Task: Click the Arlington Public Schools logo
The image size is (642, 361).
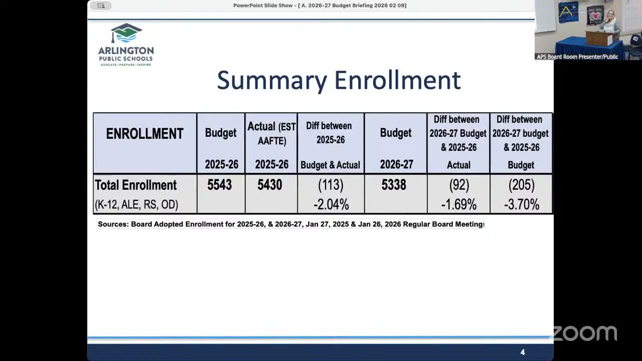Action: (x=126, y=44)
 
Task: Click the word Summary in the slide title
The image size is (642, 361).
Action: (x=272, y=81)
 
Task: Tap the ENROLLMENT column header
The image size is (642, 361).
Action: (x=144, y=134)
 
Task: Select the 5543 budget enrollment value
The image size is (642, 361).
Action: (x=220, y=185)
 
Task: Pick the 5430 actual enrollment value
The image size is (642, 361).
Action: (x=270, y=185)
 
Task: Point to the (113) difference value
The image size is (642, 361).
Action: (x=331, y=185)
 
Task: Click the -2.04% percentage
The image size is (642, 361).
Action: (x=331, y=205)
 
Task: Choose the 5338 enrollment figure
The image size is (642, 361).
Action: (x=394, y=185)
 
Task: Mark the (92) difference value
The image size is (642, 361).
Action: (x=459, y=185)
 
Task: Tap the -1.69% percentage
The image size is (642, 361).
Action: (x=458, y=205)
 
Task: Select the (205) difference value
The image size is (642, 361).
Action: (x=521, y=185)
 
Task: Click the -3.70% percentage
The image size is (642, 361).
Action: (x=521, y=205)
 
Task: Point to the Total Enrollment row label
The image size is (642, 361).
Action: (x=135, y=185)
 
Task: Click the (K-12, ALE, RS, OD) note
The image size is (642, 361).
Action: (x=136, y=205)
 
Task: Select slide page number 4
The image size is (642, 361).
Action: (x=523, y=352)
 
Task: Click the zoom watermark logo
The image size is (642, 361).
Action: (x=585, y=333)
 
